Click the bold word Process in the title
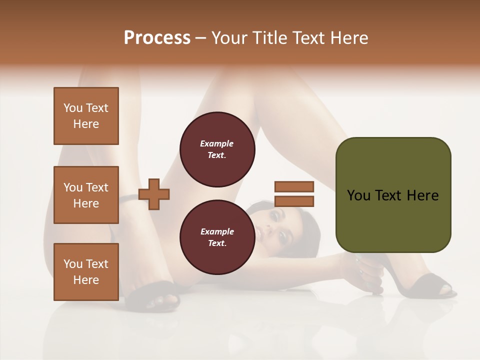[x=157, y=38]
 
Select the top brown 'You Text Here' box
[x=86, y=116]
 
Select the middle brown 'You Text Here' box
[x=86, y=195]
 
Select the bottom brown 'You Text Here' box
[x=86, y=271]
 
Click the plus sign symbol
[x=154, y=194]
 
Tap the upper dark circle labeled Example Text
[x=217, y=149]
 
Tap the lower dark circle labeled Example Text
[x=217, y=237]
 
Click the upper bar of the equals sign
[x=294, y=186]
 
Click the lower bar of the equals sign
[x=294, y=201]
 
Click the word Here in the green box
[x=423, y=195]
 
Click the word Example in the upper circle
[x=216, y=143]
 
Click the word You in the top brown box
[x=72, y=108]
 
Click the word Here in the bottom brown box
[x=86, y=280]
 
